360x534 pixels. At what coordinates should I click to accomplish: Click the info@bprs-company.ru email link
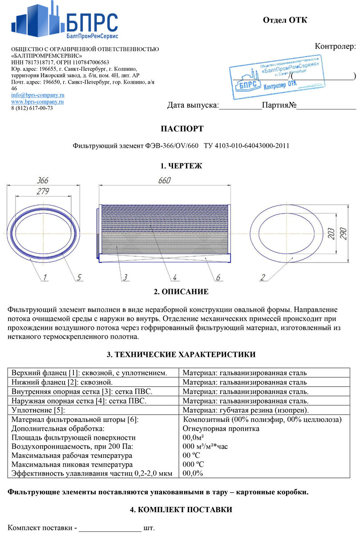click(38, 95)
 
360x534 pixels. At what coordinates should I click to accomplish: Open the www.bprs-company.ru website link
click(38, 101)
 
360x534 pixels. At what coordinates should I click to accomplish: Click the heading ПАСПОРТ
click(182, 129)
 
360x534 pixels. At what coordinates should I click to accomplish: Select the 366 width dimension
click(43, 181)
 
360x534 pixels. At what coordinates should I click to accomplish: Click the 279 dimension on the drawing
click(43, 191)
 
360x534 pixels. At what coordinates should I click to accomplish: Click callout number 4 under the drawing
click(175, 277)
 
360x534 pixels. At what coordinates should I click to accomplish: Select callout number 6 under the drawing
click(218, 277)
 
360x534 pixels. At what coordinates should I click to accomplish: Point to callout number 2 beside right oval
click(263, 277)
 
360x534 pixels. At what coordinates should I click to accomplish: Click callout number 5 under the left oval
click(79, 277)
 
